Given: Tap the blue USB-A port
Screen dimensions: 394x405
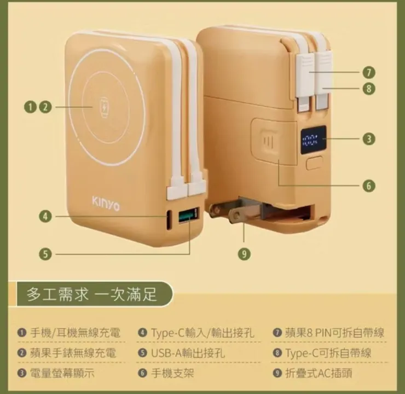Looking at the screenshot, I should (187, 216).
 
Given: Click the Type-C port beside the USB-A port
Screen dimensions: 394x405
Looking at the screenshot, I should (170, 218).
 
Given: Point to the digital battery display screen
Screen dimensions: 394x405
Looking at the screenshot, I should (313, 140).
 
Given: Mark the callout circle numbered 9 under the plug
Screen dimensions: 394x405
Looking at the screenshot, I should (244, 253).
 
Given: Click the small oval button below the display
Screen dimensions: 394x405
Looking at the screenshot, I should (315, 163).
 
